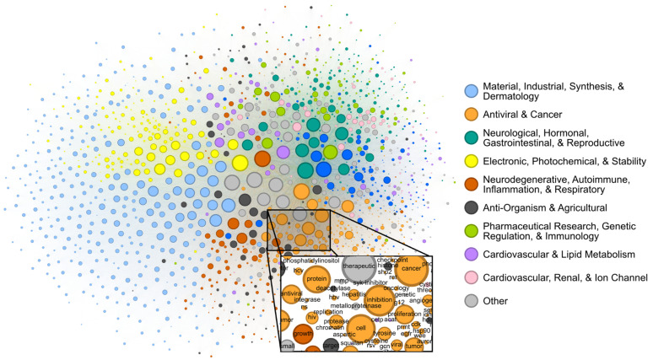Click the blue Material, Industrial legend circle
coord(472,90)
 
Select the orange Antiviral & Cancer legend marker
coord(472,114)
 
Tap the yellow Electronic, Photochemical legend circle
coord(472,160)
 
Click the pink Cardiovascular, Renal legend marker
coord(472,277)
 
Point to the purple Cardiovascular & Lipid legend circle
coord(472,254)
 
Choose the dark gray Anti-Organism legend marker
coord(472,207)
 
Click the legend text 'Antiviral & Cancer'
coord(527,114)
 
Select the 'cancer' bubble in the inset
coord(411,270)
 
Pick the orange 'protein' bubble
coord(317,277)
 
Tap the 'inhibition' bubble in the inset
coord(380,300)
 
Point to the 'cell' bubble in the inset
coord(360,328)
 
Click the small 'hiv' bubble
coord(312,317)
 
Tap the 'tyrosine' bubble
coord(384,333)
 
